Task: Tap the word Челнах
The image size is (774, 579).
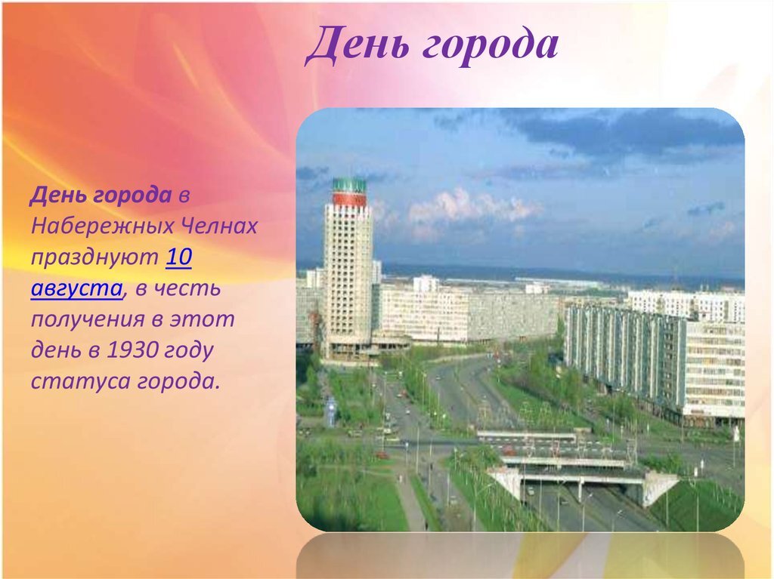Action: pos(220,226)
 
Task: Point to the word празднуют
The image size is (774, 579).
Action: pos(94,258)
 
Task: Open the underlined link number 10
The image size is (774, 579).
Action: pos(178,257)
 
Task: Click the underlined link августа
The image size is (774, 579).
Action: pos(76,289)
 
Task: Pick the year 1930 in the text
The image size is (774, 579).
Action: pos(132,350)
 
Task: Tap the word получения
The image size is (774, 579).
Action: pos(88,319)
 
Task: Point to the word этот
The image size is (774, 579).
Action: pos(202,319)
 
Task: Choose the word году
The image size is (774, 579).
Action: pos(189,351)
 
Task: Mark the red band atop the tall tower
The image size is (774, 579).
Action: pos(349,199)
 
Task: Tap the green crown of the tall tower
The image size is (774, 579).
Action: pos(349,186)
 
